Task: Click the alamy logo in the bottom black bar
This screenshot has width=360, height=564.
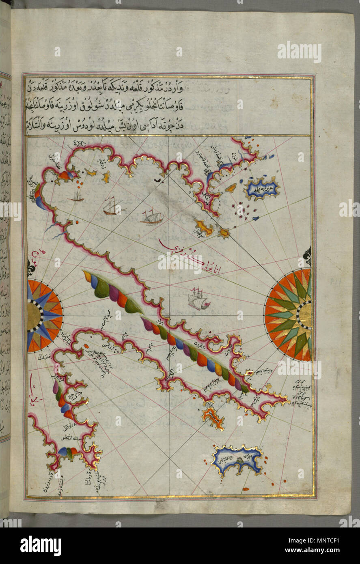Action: [x=41, y=545]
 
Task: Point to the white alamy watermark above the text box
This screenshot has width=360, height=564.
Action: [x=299, y=52]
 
